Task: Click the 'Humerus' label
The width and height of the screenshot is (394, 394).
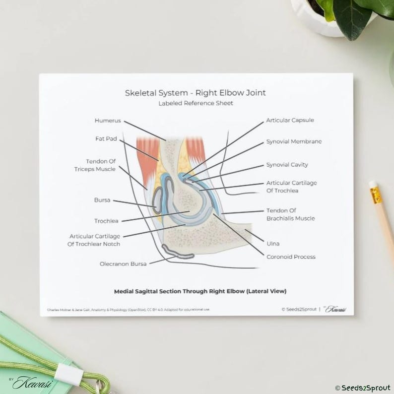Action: [x=108, y=120]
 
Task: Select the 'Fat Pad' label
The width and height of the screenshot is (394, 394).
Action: [x=106, y=139]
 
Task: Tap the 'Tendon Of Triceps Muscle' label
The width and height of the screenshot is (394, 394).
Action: [x=101, y=165]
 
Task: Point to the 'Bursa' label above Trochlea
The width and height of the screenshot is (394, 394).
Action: [x=102, y=200]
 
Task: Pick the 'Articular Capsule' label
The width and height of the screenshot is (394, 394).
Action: [x=290, y=120]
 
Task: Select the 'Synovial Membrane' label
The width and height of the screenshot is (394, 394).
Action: [x=294, y=141]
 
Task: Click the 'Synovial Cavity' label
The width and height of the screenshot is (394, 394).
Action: [x=287, y=165]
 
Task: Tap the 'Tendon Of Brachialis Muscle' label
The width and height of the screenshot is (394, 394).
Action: [x=290, y=214]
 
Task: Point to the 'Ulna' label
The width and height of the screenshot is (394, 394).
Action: [x=272, y=244]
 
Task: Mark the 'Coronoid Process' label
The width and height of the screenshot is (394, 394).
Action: [x=291, y=257]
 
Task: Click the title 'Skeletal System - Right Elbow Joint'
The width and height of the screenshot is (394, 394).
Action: [x=195, y=92]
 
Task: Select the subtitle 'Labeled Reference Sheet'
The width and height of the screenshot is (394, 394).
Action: [x=196, y=103]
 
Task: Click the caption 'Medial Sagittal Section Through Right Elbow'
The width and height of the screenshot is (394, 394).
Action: [x=200, y=291]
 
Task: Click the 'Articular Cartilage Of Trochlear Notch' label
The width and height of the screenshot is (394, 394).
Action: [x=95, y=240]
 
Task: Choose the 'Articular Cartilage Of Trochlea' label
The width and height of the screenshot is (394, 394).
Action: [x=291, y=187]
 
